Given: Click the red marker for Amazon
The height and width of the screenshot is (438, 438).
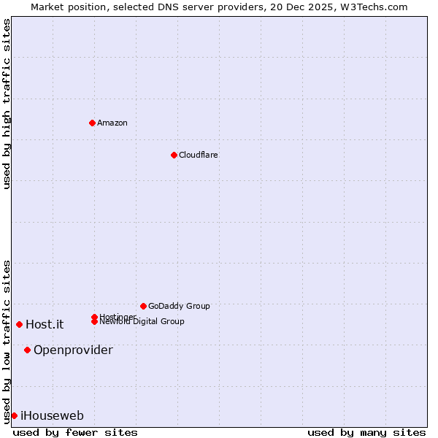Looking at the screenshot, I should point(92,123).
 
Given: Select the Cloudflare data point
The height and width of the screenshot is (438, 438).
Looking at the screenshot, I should point(174,155).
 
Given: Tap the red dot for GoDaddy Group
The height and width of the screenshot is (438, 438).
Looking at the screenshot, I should point(143,306).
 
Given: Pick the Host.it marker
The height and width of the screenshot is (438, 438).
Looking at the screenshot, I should point(19,324).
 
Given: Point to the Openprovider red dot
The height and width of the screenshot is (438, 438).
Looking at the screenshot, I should point(27,350).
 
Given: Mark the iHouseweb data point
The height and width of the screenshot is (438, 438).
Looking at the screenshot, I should point(14,415).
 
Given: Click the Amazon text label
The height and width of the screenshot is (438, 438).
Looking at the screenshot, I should point(112,123).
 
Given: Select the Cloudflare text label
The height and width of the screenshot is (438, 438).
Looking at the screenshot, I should point(199,155).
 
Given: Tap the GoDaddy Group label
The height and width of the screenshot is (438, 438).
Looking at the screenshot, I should point(179,306).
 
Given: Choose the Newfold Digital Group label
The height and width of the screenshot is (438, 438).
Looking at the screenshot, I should point(142,322).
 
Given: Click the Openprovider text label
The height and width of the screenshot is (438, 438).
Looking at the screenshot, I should point(73,350).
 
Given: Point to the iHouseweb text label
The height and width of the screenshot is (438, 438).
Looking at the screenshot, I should point(52,415).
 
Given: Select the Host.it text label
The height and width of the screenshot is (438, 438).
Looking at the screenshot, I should point(45,324).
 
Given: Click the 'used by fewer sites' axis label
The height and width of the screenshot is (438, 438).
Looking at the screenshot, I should point(75,432).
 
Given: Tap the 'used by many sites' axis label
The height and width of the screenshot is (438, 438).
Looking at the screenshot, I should point(366,432).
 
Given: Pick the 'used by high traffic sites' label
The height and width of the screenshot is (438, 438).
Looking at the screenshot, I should point(7,104).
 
